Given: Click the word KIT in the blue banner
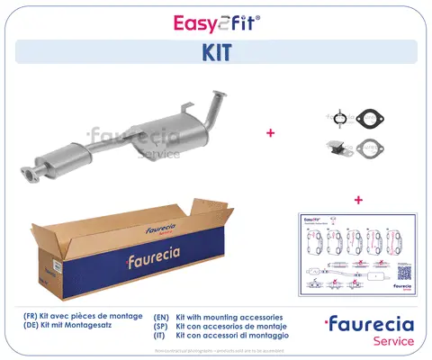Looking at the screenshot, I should pos(215,52).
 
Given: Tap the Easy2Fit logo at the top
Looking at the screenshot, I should pos(215,19).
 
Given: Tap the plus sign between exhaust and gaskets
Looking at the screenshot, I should pos(270,132).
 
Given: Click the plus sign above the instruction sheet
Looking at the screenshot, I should pos(357,198).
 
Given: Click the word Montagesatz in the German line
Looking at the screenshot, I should pos(90,328).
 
